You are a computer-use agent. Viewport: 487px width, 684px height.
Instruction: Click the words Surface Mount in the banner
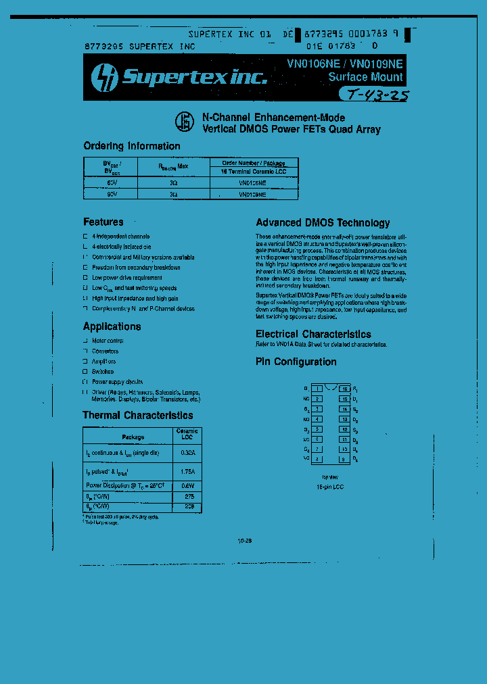click(365, 77)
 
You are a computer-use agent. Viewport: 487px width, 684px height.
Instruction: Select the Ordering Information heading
click(132, 146)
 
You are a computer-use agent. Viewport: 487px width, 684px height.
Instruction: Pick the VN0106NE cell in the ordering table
click(252, 182)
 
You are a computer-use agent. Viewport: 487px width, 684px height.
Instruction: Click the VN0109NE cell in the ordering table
click(252, 194)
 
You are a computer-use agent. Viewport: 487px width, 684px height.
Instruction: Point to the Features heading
click(103, 222)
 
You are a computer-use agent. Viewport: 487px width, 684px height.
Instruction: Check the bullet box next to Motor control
click(85, 341)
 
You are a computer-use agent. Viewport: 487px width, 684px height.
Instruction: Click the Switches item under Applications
click(103, 371)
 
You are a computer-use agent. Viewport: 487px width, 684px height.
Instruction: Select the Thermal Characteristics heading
click(137, 415)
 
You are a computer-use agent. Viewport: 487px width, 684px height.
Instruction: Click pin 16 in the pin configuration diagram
click(344, 389)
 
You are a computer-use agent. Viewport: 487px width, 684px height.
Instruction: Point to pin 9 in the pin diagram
click(344, 460)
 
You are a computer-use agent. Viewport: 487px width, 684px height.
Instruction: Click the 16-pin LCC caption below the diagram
click(330, 487)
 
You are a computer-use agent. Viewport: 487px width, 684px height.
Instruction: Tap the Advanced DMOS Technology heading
click(323, 222)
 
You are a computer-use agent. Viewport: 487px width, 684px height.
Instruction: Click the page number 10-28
click(245, 541)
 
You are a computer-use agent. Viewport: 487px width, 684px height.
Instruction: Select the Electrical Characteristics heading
click(313, 334)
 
